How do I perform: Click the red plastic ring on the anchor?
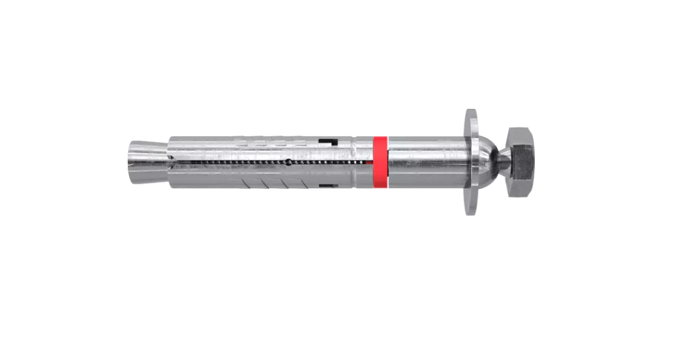click(x=380, y=161)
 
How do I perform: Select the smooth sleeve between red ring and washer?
click(x=423, y=161)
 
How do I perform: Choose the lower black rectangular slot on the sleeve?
click(x=327, y=185)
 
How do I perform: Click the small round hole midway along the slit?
click(x=287, y=162)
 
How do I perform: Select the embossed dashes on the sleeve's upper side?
click(x=269, y=142)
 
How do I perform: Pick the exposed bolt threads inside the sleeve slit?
click(x=235, y=162)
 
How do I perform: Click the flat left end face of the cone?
click(x=129, y=161)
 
